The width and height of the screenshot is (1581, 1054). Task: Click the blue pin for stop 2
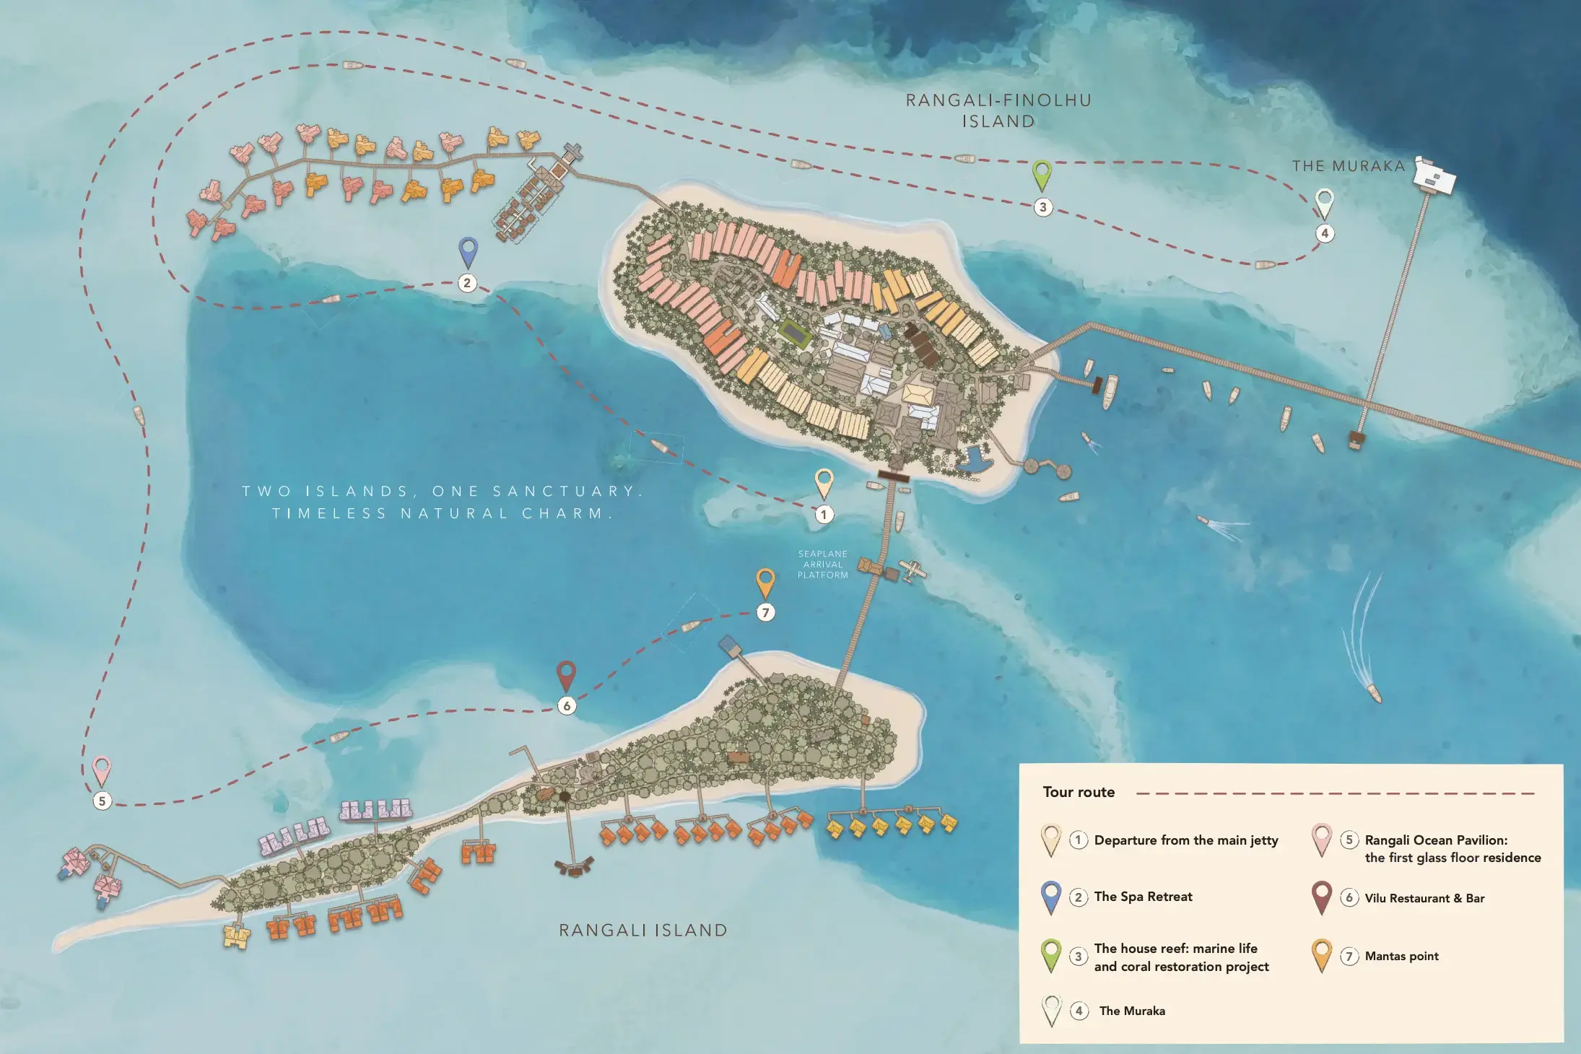(x=469, y=251)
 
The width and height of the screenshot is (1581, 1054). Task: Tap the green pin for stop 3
(x=1042, y=173)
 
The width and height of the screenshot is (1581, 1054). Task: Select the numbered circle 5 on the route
(x=103, y=801)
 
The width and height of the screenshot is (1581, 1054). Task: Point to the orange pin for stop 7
(x=765, y=581)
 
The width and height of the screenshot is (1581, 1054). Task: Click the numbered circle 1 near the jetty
(x=824, y=515)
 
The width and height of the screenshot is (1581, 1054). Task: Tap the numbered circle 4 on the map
(x=1324, y=233)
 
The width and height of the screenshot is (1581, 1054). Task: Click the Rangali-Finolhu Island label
(x=998, y=110)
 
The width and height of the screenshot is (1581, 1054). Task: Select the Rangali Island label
(x=643, y=931)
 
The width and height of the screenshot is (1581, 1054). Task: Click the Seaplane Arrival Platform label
(x=822, y=565)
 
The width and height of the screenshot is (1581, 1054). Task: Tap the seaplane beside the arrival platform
(x=912, y=570)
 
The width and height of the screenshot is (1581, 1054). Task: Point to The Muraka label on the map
(x=1348, y=166)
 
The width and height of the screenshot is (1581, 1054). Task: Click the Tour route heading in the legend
(x=1079, y=792)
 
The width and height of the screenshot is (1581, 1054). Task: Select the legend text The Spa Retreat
(x=1143, y=897)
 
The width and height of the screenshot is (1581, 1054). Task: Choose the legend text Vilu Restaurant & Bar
(x=1424, y=898)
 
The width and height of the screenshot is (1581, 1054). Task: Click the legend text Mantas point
(x=1401, y=956)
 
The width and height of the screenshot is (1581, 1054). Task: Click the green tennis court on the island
(x=795, y=333)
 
